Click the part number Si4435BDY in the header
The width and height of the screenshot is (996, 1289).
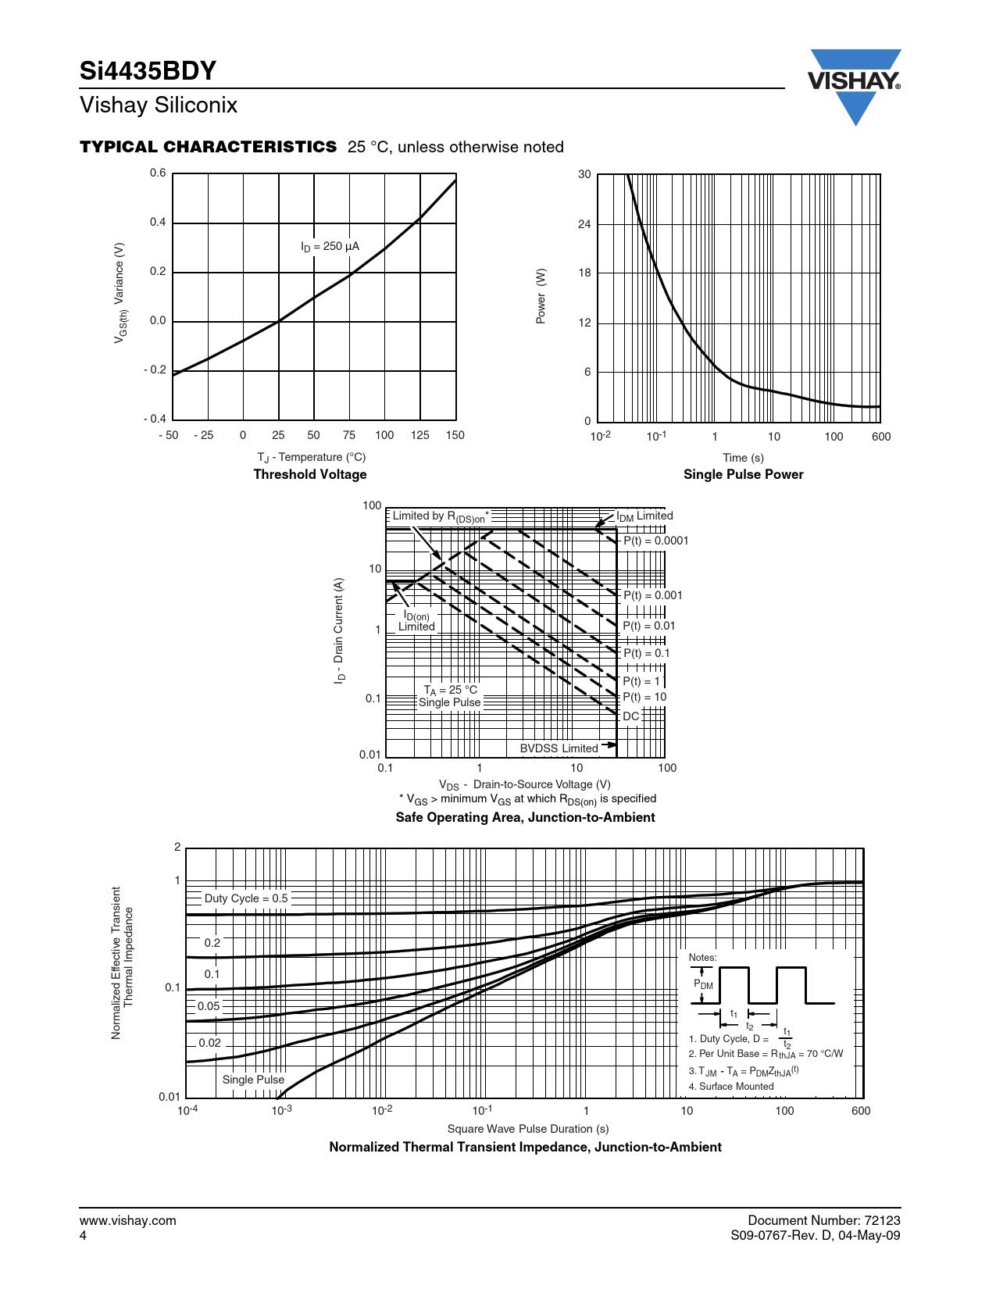148,71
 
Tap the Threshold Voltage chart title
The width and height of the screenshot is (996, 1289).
310,474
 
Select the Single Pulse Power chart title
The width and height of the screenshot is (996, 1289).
743,474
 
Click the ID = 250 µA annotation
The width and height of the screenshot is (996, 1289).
330,246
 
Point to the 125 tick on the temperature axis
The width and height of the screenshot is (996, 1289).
419,435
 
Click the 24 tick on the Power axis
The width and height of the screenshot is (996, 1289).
584,224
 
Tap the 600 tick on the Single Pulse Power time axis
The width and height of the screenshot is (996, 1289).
881,437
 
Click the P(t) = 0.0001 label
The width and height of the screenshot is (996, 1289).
655,541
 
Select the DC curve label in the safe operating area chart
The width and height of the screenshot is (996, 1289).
630,716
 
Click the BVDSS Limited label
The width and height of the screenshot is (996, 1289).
559,748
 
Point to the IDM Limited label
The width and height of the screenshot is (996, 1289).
644,516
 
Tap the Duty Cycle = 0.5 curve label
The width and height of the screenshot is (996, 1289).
246,898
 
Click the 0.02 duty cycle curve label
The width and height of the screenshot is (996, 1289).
210,1043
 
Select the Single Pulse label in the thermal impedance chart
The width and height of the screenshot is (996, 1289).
253,1080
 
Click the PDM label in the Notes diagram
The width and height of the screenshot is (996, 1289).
703,984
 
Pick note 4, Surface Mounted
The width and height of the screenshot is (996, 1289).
731,1087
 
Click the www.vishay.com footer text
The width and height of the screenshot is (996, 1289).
128,1220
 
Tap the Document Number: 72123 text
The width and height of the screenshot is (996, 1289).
823,1220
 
